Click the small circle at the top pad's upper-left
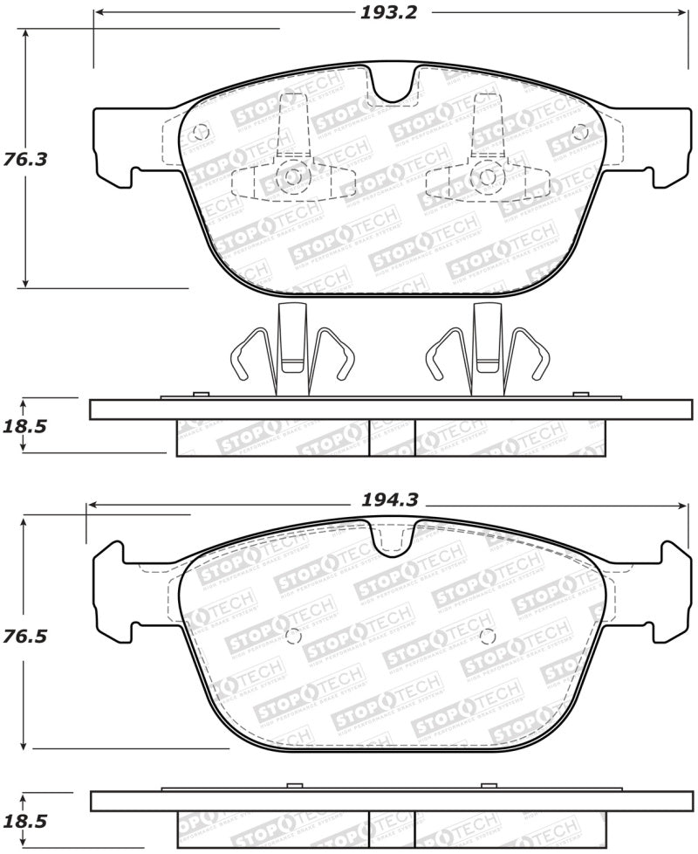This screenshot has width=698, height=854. pyautogui.click(x=200, y=133)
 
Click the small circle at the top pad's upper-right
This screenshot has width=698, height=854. pyautogui.click(x=581, y=132)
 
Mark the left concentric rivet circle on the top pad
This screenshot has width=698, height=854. pyautogui.click(x=292, y=177)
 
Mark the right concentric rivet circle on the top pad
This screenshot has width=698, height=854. pyautogui.click(x=488, y=177)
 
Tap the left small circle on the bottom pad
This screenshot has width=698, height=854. pyautogui.click(x=292, y=635)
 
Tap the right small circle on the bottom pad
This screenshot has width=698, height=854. pyautogui.click(x=488, y=635)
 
